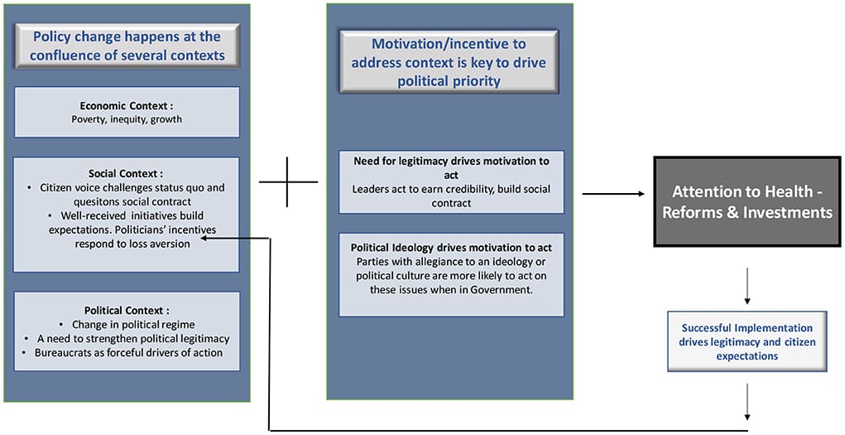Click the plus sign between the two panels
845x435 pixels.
(x=287, y=181)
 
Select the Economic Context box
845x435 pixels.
(x=127, y=112)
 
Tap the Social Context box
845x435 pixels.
(x=127, y=214)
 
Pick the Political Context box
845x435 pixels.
(x=127, y=331)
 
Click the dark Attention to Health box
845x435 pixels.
(x=747, y=201)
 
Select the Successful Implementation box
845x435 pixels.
(x=747, y=341)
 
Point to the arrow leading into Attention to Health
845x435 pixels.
(x=613, y=194)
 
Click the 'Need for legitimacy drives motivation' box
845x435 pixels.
(x=451, y=182)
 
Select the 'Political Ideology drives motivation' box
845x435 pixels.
(x=451, y=274)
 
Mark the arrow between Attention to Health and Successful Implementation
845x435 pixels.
(x=747, y=287)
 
